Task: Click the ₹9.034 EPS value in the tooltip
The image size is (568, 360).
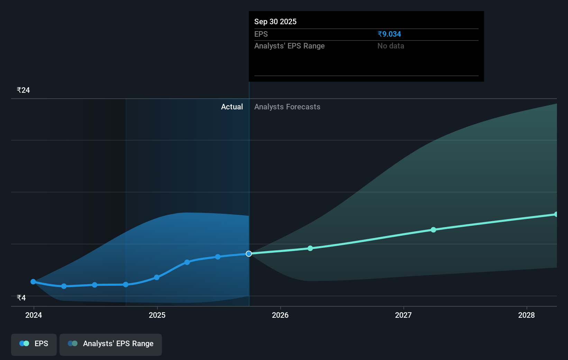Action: click(x=389, y=34)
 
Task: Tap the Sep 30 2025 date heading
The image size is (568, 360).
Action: click(x=275, y=21)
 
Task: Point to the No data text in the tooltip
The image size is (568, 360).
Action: click(x=391, y=46)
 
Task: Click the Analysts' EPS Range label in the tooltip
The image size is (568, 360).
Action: click(x=289, y=46)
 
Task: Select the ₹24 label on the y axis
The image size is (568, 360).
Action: click(x=23, y=90)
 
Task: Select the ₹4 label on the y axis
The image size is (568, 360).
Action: click(x=21, y=298)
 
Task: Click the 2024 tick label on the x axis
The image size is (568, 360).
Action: click(x=34, y=315)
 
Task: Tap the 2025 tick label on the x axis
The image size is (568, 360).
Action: click(x=157, y=315)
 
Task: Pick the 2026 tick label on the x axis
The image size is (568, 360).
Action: click(x=280, y=315)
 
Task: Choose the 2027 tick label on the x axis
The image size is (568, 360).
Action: click(x=403, y=315)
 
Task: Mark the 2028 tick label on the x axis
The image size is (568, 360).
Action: click(x=526, y=315)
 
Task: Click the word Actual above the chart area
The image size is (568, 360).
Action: click(x=232, y=107)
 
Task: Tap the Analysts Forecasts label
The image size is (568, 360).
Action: click(x=287, y=107)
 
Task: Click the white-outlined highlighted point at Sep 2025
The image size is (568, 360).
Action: click(x=249, y=254)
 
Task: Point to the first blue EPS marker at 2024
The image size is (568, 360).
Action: click(x=33, y=282)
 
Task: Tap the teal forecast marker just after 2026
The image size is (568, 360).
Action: click(x=310, y=248)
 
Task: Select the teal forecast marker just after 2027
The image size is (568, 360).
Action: click(x=433, y=229)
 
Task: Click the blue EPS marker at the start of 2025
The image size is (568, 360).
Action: click(x=157, y=277)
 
